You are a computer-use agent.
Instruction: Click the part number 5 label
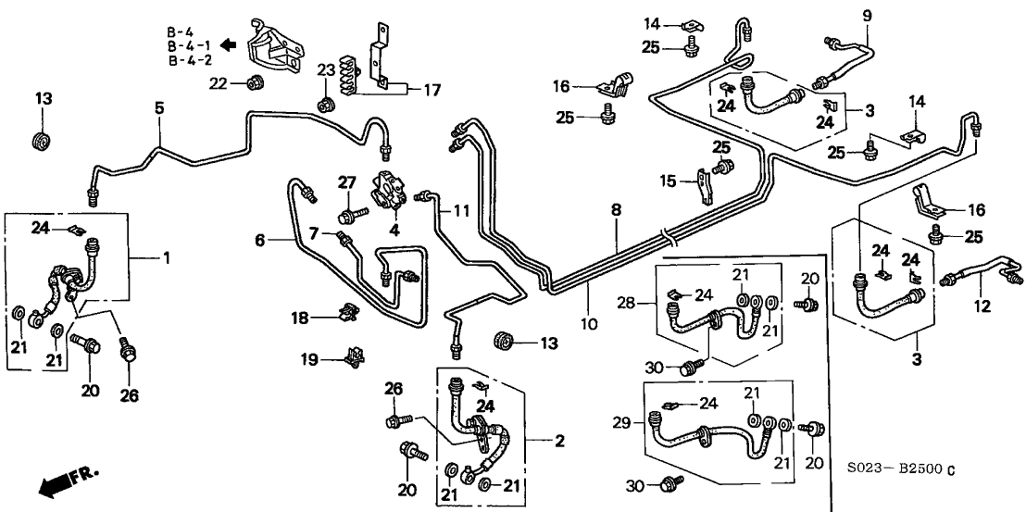point(159,108)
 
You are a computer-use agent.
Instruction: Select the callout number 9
point(868,15)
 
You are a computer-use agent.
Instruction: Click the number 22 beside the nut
point(218,84)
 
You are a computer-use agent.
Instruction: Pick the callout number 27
point(346,181)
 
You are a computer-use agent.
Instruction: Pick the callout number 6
point(261,241)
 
